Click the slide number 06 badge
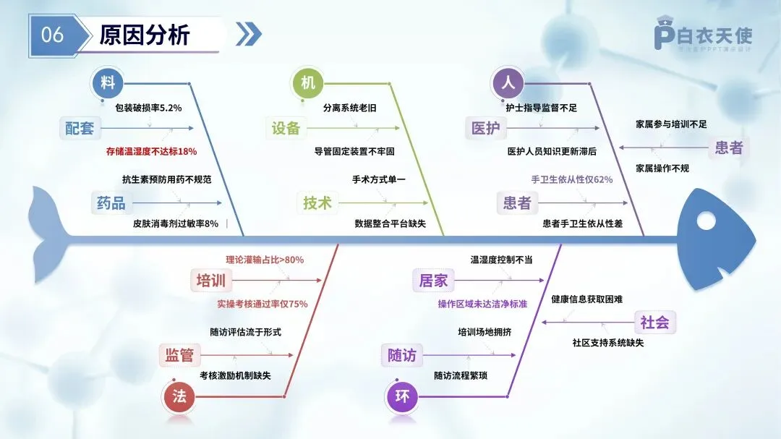coord(52,35)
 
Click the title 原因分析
coord(145,35)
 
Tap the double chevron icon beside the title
coord(249,34)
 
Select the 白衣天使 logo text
coord(714,35)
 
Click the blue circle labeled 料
coord(108,83)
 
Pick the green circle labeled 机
coord(308,83)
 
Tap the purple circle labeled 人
coord(508,83)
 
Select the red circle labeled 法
coord(179,396)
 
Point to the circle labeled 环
coord(402,396)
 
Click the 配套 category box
coord(80,129)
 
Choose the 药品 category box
coord(111,203)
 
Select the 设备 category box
coord(286,129)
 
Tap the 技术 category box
coord(317,203)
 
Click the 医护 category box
coord(485,129)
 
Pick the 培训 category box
coord(211,281)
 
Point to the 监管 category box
coord(179,355)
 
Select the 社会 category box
coord(655,323)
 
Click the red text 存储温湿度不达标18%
coord(151,152)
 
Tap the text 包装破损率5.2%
coord(148,108)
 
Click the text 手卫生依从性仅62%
coord(572,179)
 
